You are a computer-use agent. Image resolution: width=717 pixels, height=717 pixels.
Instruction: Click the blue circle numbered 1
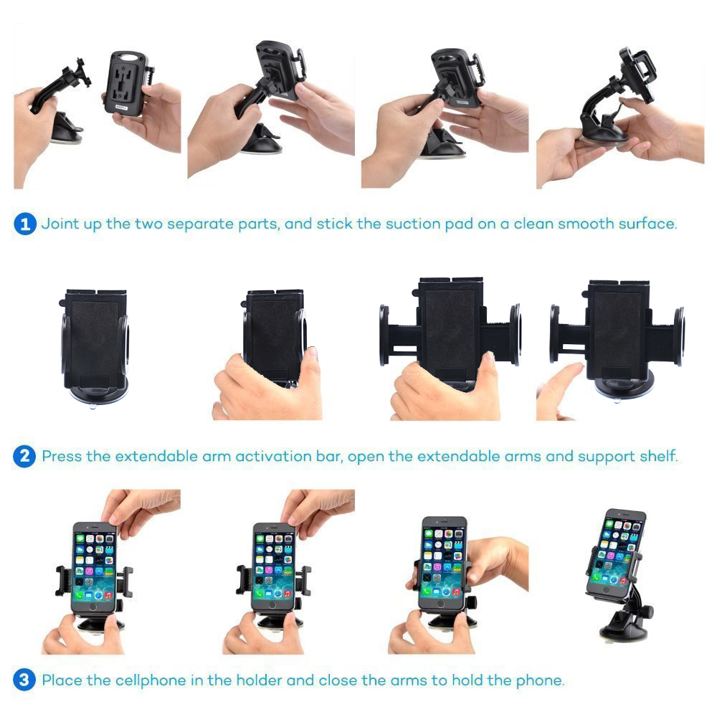pos(25,224)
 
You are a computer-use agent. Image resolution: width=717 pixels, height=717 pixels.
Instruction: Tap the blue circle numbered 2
pos(24,456)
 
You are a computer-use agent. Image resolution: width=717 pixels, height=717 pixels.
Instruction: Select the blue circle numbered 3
pos(24,680)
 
